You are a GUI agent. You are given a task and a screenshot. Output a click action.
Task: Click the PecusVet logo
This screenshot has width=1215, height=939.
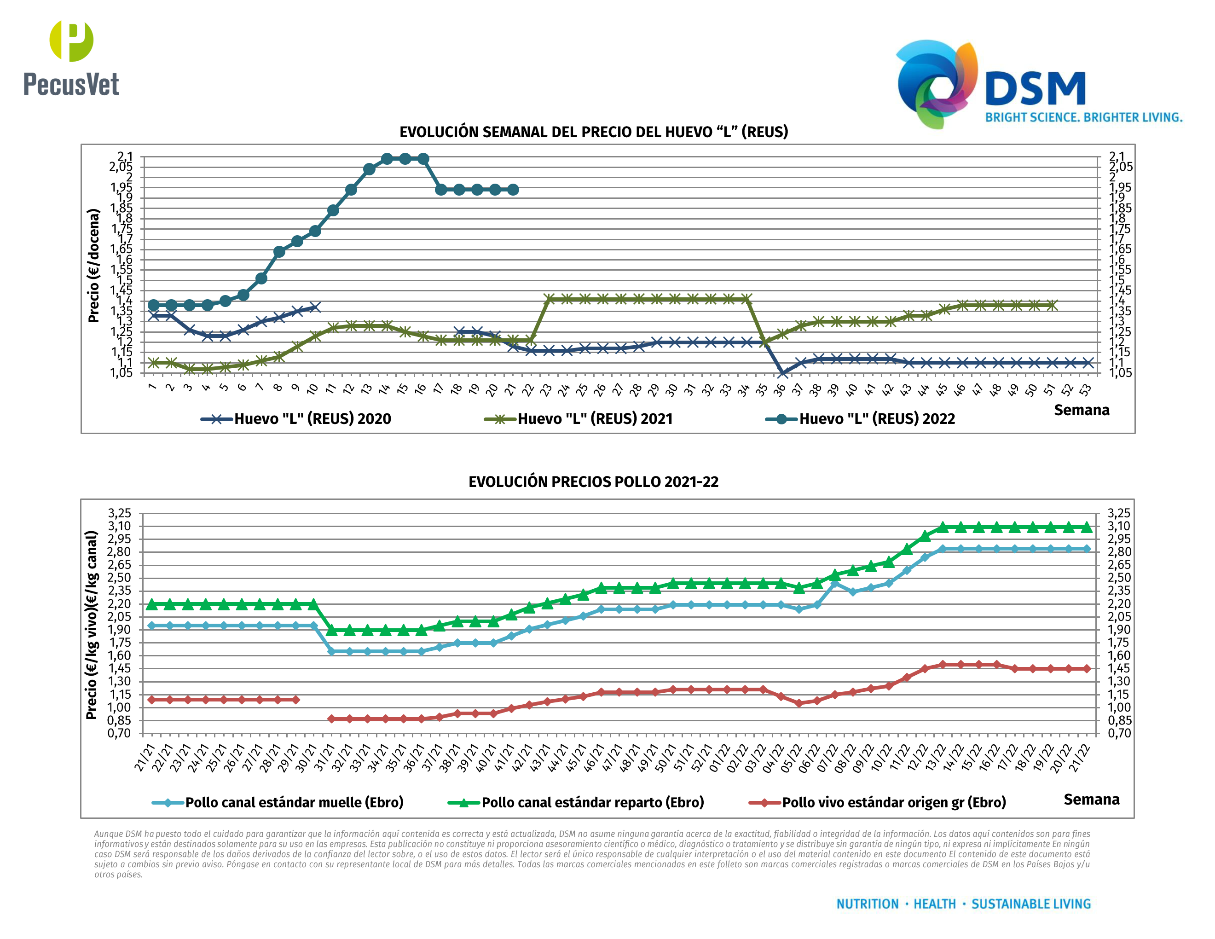click(x=71, y=58)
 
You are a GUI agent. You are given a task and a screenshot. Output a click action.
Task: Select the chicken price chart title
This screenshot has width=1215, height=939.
click(x=593, y=482)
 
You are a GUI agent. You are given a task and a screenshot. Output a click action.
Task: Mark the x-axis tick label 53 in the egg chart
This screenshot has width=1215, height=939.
click(x=1085, y=390)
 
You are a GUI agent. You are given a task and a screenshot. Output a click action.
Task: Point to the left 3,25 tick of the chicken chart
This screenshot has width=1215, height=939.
click(x=120, y=513)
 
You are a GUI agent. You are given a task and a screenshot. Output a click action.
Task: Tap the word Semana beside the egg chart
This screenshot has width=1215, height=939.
click(x=1081, y=411)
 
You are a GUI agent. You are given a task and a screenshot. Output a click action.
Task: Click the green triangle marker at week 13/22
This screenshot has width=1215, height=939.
click(x=943, y=527)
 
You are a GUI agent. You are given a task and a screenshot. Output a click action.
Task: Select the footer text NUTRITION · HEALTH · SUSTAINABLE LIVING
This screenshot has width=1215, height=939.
click(x=963, y=904)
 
